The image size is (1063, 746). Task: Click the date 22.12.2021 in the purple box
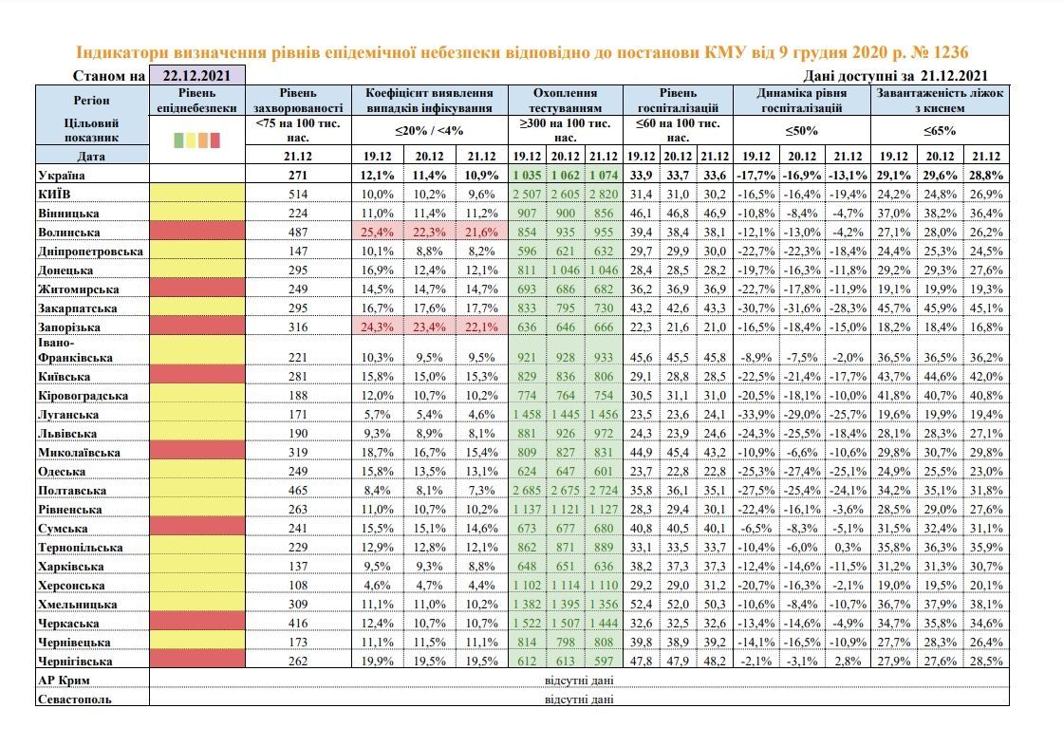[x=196, y=76]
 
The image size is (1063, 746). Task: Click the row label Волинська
[x=69, y=233]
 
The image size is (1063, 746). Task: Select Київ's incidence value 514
[x=298, y=194]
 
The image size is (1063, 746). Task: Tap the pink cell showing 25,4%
[x=378, y=232]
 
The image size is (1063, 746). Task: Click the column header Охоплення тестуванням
[x=566, y=101]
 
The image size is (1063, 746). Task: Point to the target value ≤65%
[x=940, y=130]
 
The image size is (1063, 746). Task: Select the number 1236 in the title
[x=951, y=52]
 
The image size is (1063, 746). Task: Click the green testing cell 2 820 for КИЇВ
[x=604, y=194]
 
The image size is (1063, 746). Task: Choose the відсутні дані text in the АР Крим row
[x=579, y=681]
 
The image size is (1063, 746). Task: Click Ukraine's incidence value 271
[x=298, y=175]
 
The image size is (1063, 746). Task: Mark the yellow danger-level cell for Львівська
[x=197, y=433]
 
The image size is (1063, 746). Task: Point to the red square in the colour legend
[x=214, y=140]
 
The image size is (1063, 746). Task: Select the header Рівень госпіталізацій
[x=678, y=101]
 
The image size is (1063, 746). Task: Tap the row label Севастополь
[x=75, y=699]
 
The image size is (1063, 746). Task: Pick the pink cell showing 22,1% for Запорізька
[x=482, y=326]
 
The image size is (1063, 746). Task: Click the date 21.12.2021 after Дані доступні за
[x=954, y=76]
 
